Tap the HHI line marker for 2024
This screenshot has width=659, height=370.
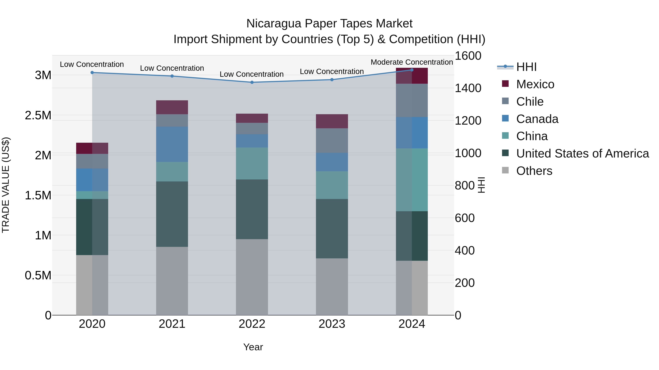(412, 70)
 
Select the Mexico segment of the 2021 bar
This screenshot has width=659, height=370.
(172, 107)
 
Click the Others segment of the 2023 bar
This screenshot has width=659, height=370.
(332, 286)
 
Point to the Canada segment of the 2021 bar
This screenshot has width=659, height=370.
(172, 144)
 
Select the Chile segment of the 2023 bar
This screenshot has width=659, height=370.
(332, 141)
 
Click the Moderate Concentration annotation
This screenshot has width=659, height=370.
(412, 62)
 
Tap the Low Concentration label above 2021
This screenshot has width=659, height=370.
(172, 68)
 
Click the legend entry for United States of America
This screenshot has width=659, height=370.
(582, 153)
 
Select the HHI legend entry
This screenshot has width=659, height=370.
(526, 67)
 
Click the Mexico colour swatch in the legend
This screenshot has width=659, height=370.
(505, 84)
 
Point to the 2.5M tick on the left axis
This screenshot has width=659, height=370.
(38, 115)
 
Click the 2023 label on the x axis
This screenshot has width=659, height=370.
(332, 324)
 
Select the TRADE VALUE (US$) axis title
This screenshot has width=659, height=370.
(6, 185)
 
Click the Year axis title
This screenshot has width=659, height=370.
(253, 347)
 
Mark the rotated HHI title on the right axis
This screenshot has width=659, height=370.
(481, 185)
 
